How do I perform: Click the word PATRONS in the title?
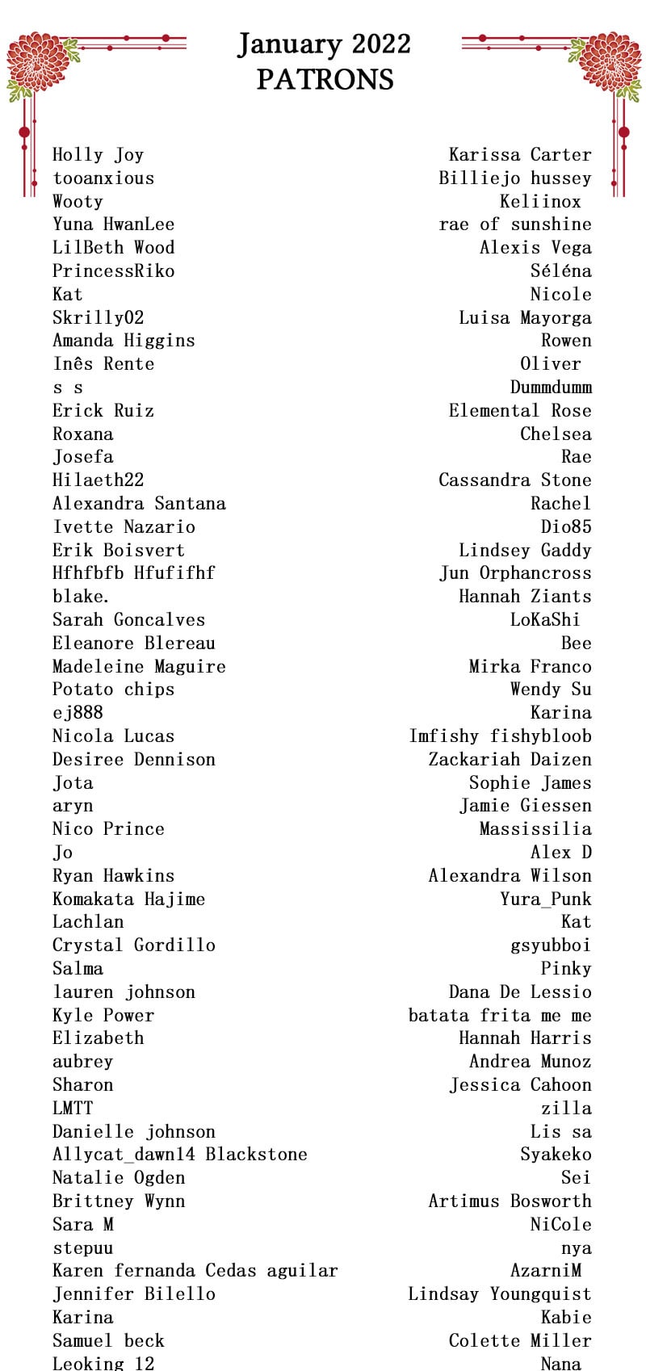pyautogui.click(x=325, y=79)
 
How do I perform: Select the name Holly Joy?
pyautogui.click(x=98, y=154)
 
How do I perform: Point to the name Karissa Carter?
pyautogui.click(x=520, y=154)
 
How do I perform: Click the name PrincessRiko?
pyautogui.click(x=113, y=270)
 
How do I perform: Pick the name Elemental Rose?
pyautogui.click(x=520, y=410)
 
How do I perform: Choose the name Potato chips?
pyautogui.click(x=113, y=689)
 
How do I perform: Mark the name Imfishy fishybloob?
pyautogui.click(x=500, y=736)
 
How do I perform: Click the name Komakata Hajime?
pyautogui.click(x=128, y=899)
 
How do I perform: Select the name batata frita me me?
pyautogui.click(x=500, y=1015)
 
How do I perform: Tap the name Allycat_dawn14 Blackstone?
pyautogui.click(x=179, y=1154)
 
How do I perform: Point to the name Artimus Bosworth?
pyautogui.click(x=510, y=1201)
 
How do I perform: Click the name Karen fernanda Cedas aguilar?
pyautogui.click(x=195, y=1270)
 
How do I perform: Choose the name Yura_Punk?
pyautogui.click(x=545, y=899)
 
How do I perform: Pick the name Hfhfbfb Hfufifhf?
pyautogui.click(x=133, y=572)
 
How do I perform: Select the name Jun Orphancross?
pyautogui.click(x=515, y=572)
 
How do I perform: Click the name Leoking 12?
pyautogui.click(x=103, y=1363)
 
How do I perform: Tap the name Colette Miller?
pyautogui.click(x=520, y=1340)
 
